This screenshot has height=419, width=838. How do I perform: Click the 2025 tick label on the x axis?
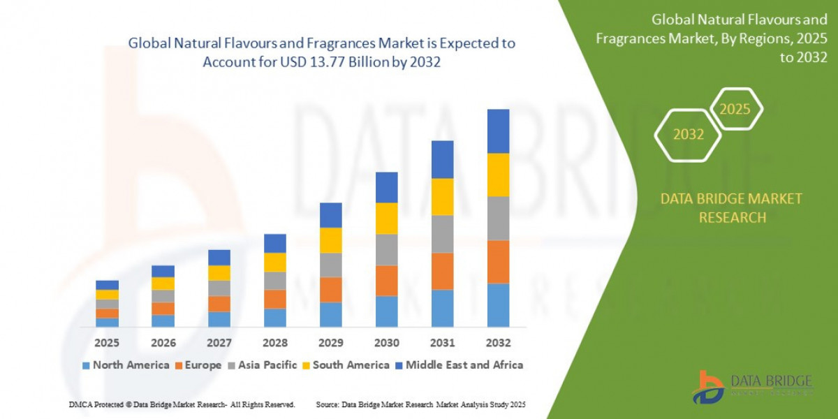[107, 343]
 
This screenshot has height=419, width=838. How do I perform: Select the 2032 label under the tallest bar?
[498, 343]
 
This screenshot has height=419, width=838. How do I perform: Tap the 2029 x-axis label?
[330, 343]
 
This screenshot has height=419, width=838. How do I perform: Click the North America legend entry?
[126, 365]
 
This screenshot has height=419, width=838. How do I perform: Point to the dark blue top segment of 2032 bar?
[498, 131]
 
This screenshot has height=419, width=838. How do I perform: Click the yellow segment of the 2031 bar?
[442, 196]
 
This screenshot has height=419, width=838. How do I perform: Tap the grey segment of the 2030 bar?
[386, 249]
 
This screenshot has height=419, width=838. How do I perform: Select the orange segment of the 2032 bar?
[498, 261]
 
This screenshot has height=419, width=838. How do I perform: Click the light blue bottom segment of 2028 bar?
[274, 317]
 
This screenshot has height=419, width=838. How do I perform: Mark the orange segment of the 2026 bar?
[163, 308]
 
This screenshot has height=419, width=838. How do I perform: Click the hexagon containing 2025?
[735, 109]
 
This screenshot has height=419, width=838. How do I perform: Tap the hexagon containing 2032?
[689, 135]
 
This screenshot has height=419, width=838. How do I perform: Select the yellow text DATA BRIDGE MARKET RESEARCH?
[731, 208]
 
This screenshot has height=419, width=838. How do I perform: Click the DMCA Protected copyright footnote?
[182, 404]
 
